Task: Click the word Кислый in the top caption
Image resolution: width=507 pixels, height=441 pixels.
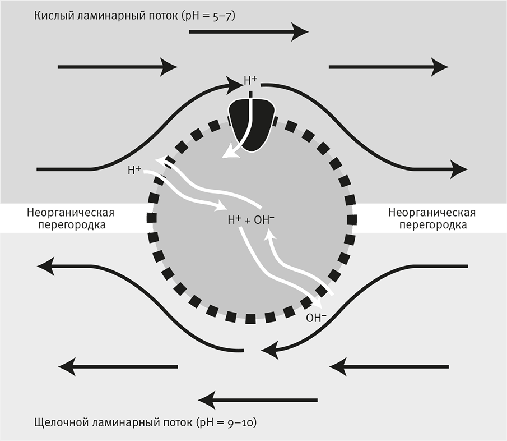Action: (52, 16)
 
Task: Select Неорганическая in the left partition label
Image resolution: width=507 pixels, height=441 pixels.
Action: (71, 213)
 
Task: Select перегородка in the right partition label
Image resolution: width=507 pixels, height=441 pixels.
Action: (432, 225)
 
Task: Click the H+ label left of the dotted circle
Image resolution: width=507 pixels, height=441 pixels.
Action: (134, 169)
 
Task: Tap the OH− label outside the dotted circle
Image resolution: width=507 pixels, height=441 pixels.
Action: (316, 319)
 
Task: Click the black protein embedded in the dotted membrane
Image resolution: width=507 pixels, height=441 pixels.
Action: (252, 125)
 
